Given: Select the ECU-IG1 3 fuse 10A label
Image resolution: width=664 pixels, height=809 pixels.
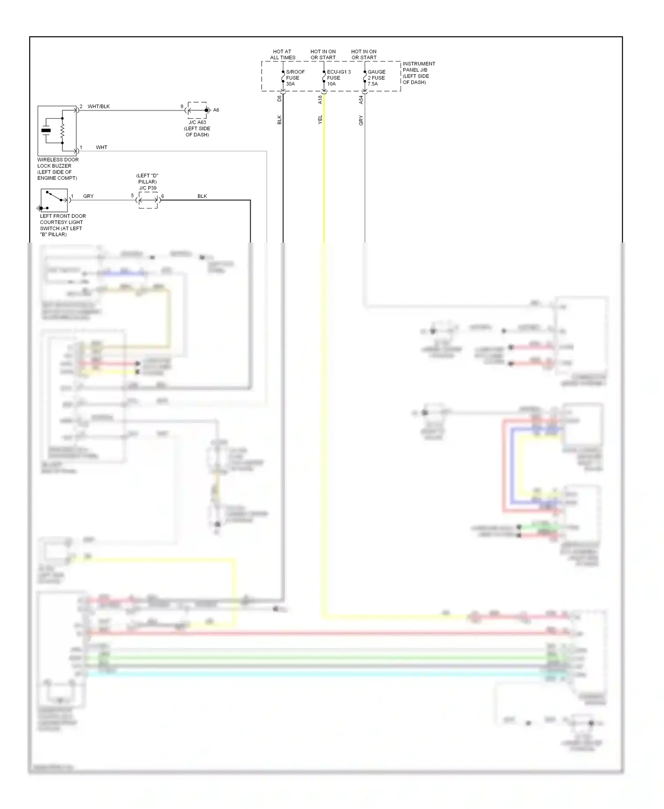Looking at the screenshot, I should [x=338, y=78].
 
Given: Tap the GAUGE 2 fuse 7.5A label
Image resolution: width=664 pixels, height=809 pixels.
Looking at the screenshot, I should [x=376, y=78].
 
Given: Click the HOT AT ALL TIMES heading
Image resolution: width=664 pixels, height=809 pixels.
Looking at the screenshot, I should [x=282, y=54].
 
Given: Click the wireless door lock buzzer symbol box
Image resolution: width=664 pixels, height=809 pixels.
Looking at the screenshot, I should [x=57, y=131].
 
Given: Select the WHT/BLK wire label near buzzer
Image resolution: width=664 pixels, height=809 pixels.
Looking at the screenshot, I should [x=98, y=107].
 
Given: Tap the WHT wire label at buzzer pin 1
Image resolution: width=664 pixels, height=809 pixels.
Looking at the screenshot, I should [x=101, y=147].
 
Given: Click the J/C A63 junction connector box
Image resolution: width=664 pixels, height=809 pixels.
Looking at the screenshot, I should [x=197, y=110].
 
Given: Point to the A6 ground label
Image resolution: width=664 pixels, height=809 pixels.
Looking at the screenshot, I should [x=216, y=110].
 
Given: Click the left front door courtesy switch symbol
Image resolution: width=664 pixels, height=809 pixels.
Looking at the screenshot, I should [x=54, y=200].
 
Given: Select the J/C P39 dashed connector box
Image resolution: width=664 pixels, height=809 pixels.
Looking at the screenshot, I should [x=148, y=200].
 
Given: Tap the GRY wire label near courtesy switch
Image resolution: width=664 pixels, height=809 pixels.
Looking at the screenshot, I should [x=88, y=196].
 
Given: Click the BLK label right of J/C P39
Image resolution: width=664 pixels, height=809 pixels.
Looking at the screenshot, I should [x=202, y=196].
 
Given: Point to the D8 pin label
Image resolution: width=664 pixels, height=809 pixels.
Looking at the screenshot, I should [x=279, y=98].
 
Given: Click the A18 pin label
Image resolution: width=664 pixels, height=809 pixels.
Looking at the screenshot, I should [x=320, y=100].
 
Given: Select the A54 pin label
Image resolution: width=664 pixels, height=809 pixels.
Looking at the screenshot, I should [x=361, y=100].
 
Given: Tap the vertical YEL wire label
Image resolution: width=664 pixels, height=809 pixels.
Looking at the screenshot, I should [x=320, y=119].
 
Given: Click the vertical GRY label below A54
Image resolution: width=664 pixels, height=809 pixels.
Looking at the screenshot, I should [x=361, y=120].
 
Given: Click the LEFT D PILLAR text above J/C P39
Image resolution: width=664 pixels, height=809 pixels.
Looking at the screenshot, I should [x=147, y=179].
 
